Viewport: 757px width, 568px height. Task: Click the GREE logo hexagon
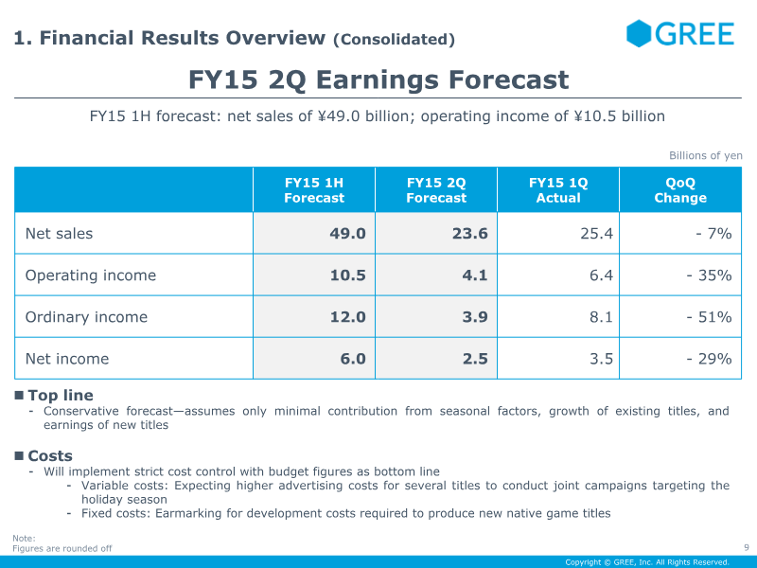coord(640,34)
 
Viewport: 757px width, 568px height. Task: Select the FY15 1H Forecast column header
coord(314,190)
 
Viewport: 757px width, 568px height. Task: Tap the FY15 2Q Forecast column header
coord(436,190)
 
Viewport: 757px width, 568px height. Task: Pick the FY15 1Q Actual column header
coord(558,190)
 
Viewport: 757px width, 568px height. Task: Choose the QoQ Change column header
coord(680,190)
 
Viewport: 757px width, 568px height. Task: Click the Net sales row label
coord(59,234)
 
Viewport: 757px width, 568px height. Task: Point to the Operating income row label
coord(90,275)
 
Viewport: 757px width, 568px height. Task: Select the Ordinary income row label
coord(86,317)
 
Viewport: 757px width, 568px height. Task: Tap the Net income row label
coord(66,359)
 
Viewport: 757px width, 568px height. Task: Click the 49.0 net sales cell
coord(347,234)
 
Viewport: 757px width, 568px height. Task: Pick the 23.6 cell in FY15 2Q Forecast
coord(469,234)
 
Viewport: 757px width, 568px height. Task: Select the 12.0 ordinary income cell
coord(347,317)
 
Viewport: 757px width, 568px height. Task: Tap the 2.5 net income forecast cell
coord(474,359)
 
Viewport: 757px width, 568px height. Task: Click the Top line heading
coord(61,396)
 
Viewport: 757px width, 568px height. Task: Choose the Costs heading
coord(50,456)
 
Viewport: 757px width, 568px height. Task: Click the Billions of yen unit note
coord(705,156)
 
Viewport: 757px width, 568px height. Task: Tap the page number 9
coord(747,546)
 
